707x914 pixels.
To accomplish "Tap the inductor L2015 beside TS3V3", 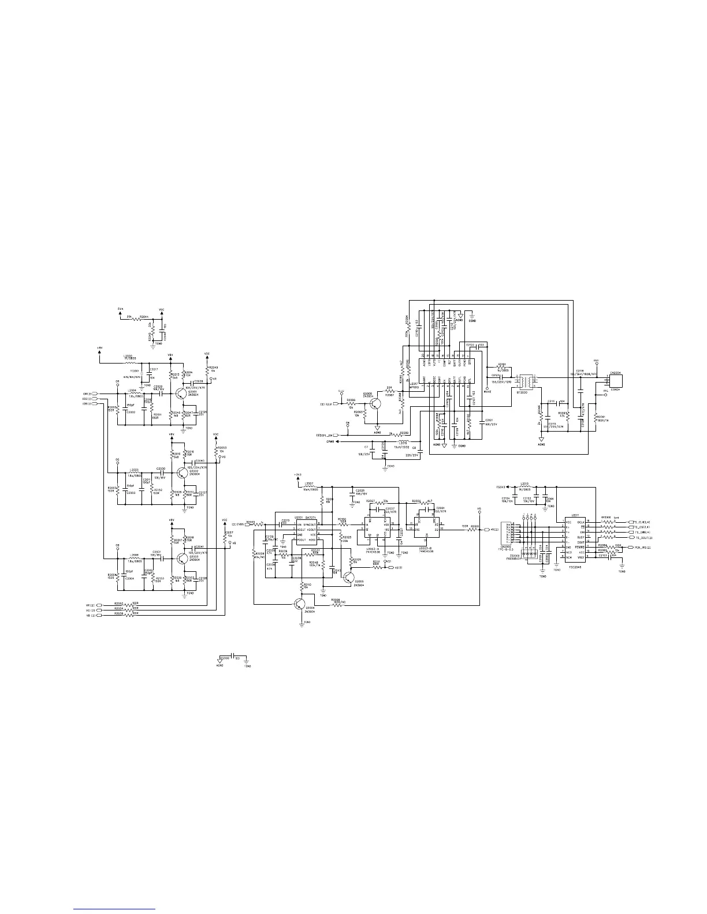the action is coord(524,487).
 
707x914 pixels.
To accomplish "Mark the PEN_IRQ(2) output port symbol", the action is coord(630,547).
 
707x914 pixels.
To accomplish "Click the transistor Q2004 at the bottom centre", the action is coord(299,604).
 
